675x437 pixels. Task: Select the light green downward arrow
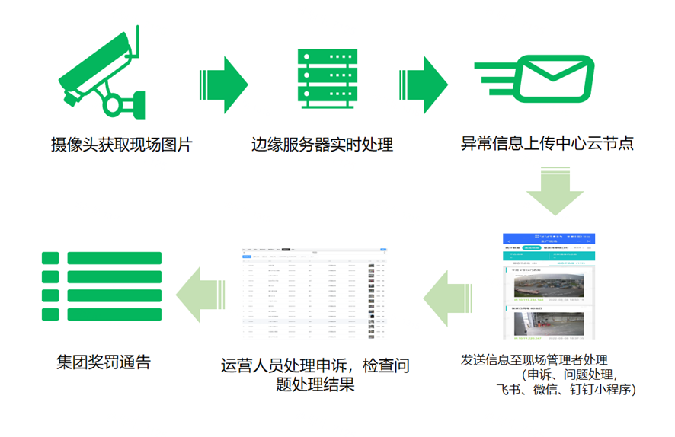point(556,193)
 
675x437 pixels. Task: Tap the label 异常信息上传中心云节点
point(547,142)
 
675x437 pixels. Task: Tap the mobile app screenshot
point(549,285)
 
